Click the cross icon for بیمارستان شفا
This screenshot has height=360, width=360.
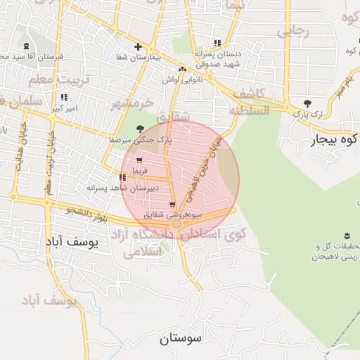[147, 47]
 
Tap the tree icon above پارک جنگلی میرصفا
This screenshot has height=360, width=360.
[140, 129]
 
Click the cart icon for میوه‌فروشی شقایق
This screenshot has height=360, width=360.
[172, 205]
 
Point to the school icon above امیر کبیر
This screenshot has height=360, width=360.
[64, 97]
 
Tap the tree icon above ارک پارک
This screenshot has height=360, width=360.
[307, 103]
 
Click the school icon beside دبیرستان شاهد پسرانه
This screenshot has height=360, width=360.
[123, 178]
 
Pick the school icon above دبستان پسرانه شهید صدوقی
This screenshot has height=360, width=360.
[226, 42]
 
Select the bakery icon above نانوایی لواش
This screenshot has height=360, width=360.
[183, 69]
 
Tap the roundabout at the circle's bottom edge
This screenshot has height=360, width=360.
[177, 224]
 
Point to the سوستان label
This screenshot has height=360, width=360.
[180, 338]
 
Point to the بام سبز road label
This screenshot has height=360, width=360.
[340, 94]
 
